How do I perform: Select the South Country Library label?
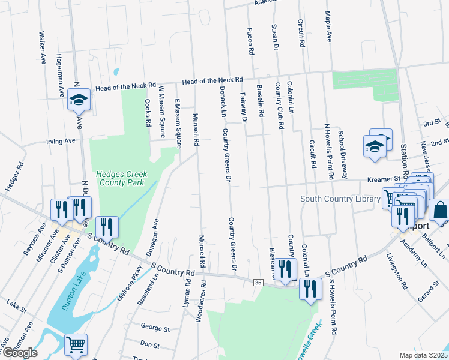click(340, 199)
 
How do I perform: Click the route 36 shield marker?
click(258, 282)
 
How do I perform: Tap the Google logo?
click(20, 353)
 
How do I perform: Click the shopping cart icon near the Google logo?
click(76, 344)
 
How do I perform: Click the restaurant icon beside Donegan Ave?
click(107, 226)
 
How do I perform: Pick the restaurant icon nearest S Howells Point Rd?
click(310, 290)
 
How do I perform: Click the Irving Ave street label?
click(61, 141)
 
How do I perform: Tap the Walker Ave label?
click(42, 48)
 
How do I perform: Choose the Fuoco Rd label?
click(250, 40)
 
